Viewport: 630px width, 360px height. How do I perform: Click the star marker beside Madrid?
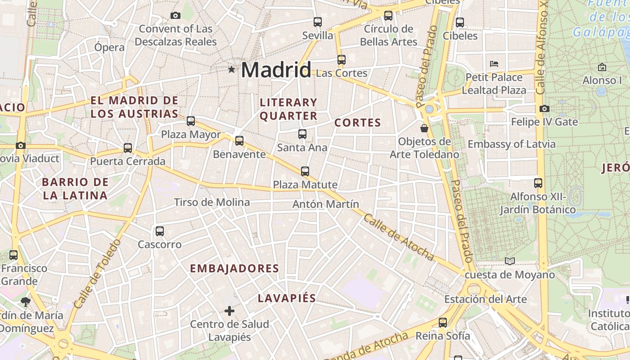(x=232, y=69)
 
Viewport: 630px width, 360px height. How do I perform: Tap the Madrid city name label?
(x=276, y=70)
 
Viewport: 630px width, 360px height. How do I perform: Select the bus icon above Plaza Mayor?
(x=191, y=121)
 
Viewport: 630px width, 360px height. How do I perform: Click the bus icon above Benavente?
(x=239, y=140)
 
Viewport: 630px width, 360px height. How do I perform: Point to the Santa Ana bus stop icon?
(x=302, y=134)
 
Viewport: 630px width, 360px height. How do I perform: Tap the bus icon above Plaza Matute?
(x=305, y=171)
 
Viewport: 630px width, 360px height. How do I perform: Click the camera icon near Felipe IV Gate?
(x=544, y=108)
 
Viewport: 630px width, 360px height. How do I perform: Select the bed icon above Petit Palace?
(x=494, y=63)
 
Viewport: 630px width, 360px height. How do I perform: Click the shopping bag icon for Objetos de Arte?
(x=424, y=128)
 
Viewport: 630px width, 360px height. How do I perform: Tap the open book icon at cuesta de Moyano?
(x=509, y=261)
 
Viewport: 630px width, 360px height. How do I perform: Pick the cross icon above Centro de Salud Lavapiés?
(x=229, y=310)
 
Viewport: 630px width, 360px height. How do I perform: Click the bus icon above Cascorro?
(x=160, y=231)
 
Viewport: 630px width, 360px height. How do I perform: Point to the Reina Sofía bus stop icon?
(x=443, y=322)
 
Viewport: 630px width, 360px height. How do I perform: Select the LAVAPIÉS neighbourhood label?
(x=287, y=298)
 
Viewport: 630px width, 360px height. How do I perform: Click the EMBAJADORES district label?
(x=234, y=269)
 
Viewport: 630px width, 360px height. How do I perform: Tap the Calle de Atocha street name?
(x=399, y=237)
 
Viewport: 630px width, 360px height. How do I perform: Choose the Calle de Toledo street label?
(x=97, y=274)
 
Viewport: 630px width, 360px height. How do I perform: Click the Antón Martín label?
(x=326, y=204)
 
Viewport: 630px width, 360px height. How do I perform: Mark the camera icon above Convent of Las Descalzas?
(x=175, y=16)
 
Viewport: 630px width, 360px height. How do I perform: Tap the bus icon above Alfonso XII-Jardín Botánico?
(x=538, y=183)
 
